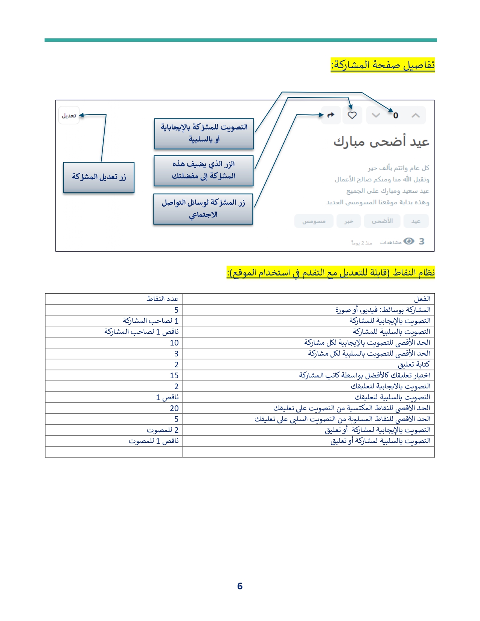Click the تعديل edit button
(x=69, y=115)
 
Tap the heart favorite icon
(x=352, y=115)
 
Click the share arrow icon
(x=331, y=115)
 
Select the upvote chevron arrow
(x=416, y=116)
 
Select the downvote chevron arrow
(x=376, y=116)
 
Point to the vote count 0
(x=396, y=116)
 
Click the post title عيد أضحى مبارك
(x=381, y=142)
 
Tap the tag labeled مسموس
(x=314, y=221)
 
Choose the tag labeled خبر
(x=349, y=221)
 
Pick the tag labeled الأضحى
(x=382, y=221)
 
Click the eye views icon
(x=409, y=241)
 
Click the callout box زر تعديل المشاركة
(x=99, y=177)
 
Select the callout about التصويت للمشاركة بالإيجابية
(x=204, y=134)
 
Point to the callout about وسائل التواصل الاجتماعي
(x=203, y=209)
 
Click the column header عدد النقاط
(x=162, y=299)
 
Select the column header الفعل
(x=422, y=299)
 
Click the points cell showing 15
(x=174, y=376)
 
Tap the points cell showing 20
(x=174, y=408)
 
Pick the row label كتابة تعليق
(x=414, y=365)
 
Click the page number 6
(x=240, y=586)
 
